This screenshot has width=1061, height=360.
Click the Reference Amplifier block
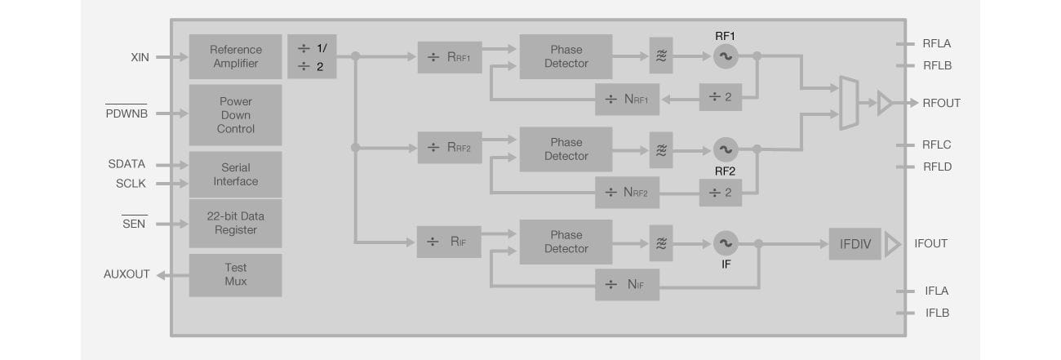click(235, 56)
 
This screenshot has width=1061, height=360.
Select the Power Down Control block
click(235, 115)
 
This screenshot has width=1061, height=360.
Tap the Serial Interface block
click(235, 174)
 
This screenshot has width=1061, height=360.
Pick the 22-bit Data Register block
click(235, 223)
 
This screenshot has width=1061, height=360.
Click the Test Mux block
click(235, 274)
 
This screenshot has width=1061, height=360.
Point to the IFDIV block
click(855, 243)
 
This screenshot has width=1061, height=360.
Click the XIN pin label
click(140, 57)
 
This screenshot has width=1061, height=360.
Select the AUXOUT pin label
click(127, 274)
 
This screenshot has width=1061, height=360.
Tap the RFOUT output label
click(941, 103)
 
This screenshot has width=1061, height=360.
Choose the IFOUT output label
click(930, 243)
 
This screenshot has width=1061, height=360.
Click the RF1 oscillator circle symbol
click(725, 56)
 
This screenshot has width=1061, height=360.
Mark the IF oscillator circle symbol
click(725, 242)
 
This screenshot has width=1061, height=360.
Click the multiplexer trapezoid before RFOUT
click(849, 104)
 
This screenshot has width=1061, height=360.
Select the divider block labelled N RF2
click(627, 193)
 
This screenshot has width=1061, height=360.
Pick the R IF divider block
click(448, 242)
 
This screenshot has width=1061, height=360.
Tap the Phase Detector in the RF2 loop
click(566, 149)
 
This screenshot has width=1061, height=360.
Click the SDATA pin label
click(127, 164)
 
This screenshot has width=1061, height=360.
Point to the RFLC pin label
click(936, 144)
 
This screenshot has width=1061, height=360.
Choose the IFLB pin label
click(936, 313)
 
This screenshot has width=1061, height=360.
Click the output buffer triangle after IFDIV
click(891, 243)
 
